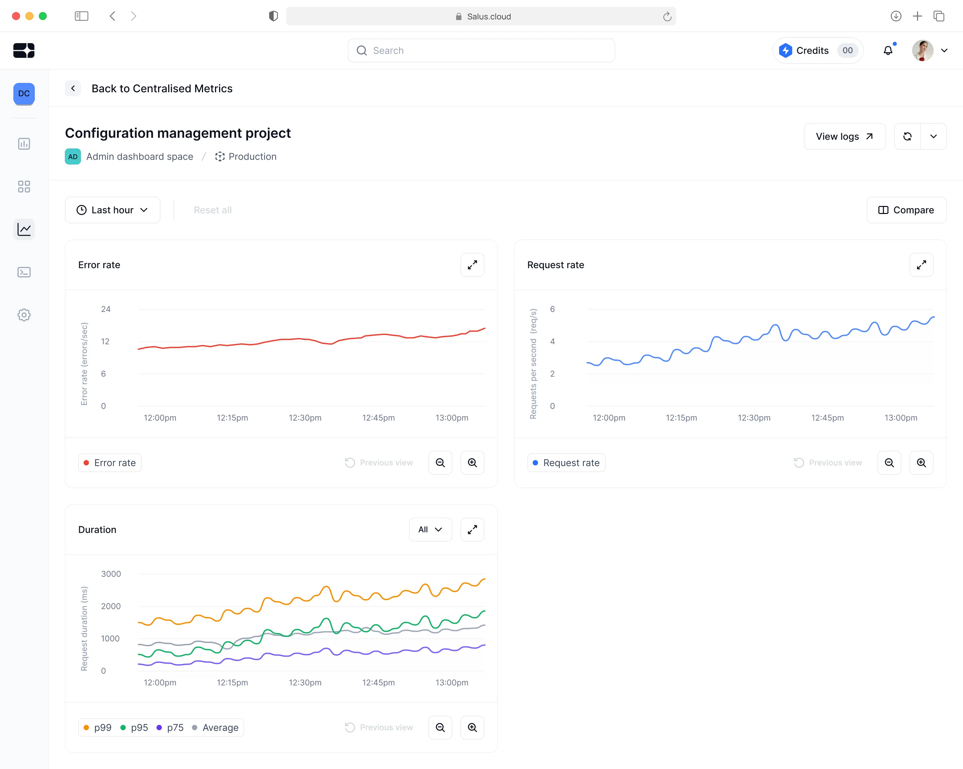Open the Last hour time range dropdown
(x=113, y=210)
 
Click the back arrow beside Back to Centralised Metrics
(x=73, y=88)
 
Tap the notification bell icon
(x=888, y=50)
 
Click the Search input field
(x=481, y=50)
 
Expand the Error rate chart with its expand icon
(x=472, y=265)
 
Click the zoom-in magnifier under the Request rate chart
(x=921, y=463)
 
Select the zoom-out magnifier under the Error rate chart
(x=440, y=463)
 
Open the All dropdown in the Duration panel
(x=430, y=530)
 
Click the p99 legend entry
(x=98, y=728)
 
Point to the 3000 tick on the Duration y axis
(x=111, y=574)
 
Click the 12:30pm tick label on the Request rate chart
(x=754, y=418)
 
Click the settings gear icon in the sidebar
(x=24, y=315)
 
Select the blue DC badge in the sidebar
(x=24, y=94)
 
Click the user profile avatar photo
(x=922, y=50)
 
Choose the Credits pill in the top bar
(x=818, y=50)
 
